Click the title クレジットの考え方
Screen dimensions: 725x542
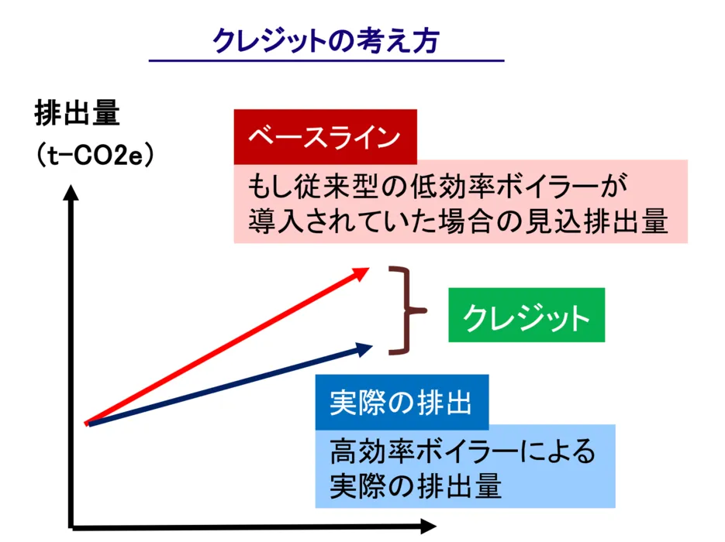[x=326, y=40]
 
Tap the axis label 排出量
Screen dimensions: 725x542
[x=78, y=112]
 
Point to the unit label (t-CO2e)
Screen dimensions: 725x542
[x=95, y=155]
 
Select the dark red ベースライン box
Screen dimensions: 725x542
[x=325, y=136]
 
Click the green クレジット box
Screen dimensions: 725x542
[x=526, y=315]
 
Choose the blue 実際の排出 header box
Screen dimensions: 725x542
[x=402, y=402]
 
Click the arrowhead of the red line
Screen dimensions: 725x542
[x=360, y=274]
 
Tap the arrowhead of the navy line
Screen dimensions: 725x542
[x=364, y=349]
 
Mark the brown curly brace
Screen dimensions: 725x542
[x=406, y=310]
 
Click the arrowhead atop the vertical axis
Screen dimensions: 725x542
[x=71, y=193]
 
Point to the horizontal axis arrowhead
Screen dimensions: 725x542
[x=428, y=526]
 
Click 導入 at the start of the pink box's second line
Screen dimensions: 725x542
[x=277, y=221]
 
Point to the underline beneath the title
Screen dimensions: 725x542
[x=326, y=60]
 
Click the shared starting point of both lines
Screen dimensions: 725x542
[x=88, y=424]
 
